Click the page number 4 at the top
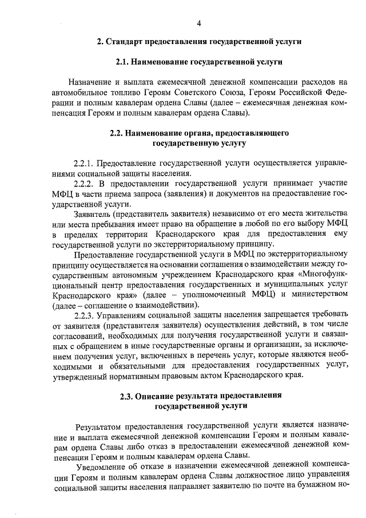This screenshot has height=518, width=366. tap(198, 23)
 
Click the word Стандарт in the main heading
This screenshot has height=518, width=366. tap(124, 42)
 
